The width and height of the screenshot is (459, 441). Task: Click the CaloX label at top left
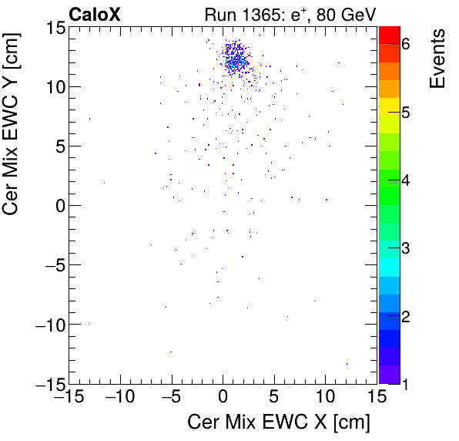(x=94, y=14)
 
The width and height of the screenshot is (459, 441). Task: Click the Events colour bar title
(x=437, y=59)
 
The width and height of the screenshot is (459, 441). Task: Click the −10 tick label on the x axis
(x=117, y=397)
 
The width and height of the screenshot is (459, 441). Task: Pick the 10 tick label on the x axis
(x=326, y=397)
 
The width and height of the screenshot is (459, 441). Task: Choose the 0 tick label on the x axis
(x=223, y=397)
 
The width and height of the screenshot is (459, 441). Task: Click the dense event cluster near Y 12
(x=235, y=59)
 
